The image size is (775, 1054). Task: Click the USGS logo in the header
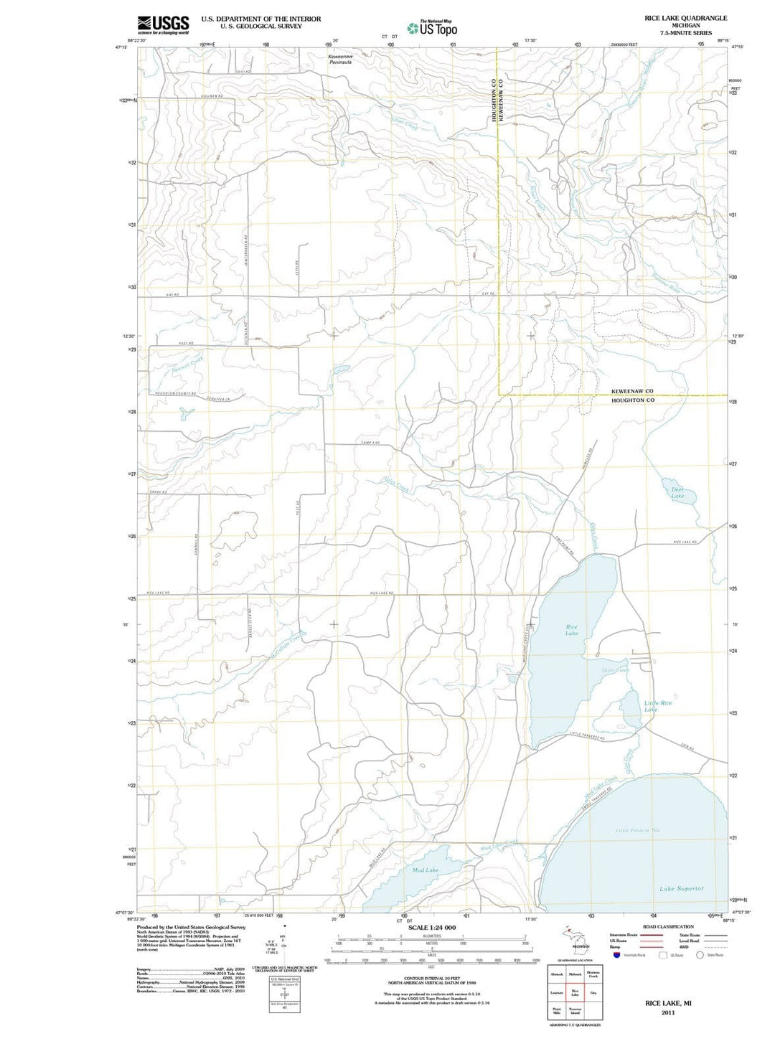tap(163, 25)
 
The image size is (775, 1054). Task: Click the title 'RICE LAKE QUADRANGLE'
tap(685, 18)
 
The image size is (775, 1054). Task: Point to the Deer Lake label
tap(677, 493)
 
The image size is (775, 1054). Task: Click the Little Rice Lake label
tap(657, 706)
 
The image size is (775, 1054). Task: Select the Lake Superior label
tap(681, 888)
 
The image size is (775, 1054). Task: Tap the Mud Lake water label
tap(426, 870)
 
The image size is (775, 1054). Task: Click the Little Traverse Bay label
tap(637, 830)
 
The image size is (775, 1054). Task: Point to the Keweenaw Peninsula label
tap(340, 60)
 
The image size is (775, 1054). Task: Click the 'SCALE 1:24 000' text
tap(431, 928)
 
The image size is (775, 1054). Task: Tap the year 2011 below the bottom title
tap(668, 1012)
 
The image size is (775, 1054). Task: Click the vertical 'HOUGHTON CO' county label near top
tap(494, 100)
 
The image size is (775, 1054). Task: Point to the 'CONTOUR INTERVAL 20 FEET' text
tap(431, 978)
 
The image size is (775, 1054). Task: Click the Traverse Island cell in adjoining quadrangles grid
tap(575, 1011)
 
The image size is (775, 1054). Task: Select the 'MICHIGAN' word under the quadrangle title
tap(685, 25)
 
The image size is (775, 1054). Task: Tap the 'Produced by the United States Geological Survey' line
tap(191, 927)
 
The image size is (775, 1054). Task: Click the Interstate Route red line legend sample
tap(652, 936)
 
